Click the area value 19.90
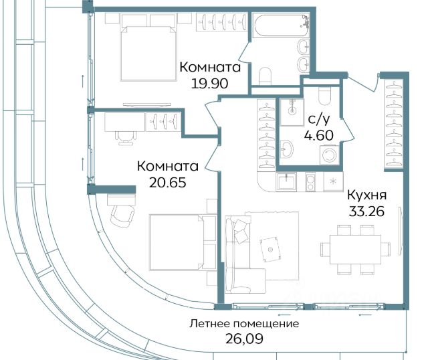pyautogui.click(x=209, y=84)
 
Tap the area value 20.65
pyautogui.click(x=168, y=183)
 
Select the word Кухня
pyautogui.click(x=367, y=195)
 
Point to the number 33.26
pyautogui.click(x=366, y=211)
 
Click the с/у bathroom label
pyautogui.click(x=319, y=119)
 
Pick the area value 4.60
pyautogui.click(x=319, y=135)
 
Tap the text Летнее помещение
pyautogui.click(x=244, y=324)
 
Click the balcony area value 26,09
pyautogui.click(x=244, y=339)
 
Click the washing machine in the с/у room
pyautogui.click(x=330, y=155)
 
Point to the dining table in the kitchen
pyautogui.click(x=355, y=250)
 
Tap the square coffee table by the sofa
pyautogui.click(x=270, y=249)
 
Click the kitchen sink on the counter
pyautogui.click(x=286, y=181)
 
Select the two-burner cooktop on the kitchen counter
pyautogui.click(x=310, y=182)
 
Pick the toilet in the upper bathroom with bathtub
pyautogui.click(x=265, y=76)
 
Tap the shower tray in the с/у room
pyautogui.click(x=292, y=112)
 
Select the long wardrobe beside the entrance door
pyautogui.click(x=394, y=124)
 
